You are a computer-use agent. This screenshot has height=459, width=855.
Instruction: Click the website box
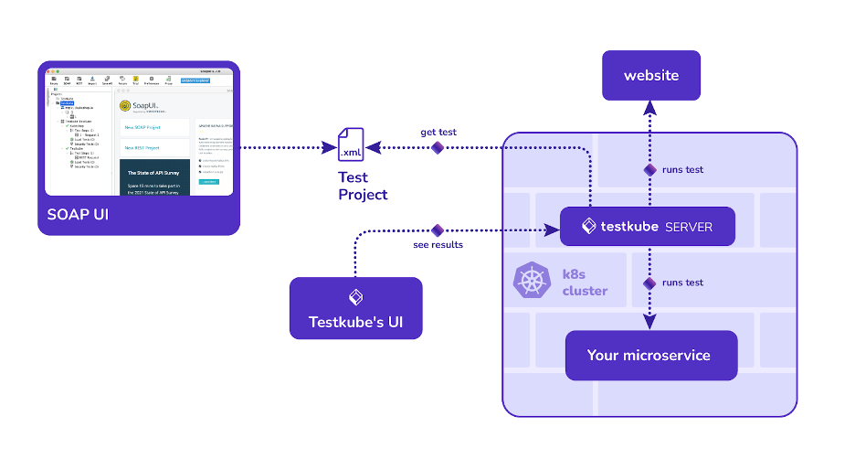650,76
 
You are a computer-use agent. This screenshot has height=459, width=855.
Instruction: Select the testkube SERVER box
647,226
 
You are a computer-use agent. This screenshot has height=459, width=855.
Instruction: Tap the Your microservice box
650,355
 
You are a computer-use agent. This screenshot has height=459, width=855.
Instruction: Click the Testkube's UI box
356,309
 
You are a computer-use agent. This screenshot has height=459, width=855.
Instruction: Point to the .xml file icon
351,147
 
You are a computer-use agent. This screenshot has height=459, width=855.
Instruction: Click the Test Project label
363,187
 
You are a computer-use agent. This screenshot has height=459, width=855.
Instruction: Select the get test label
438,132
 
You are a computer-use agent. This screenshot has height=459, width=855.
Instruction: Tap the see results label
438,245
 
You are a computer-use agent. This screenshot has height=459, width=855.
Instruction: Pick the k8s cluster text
585,283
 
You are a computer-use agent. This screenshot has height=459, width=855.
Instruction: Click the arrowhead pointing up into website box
650,107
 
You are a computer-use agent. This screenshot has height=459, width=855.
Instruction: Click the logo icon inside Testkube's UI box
356,297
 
